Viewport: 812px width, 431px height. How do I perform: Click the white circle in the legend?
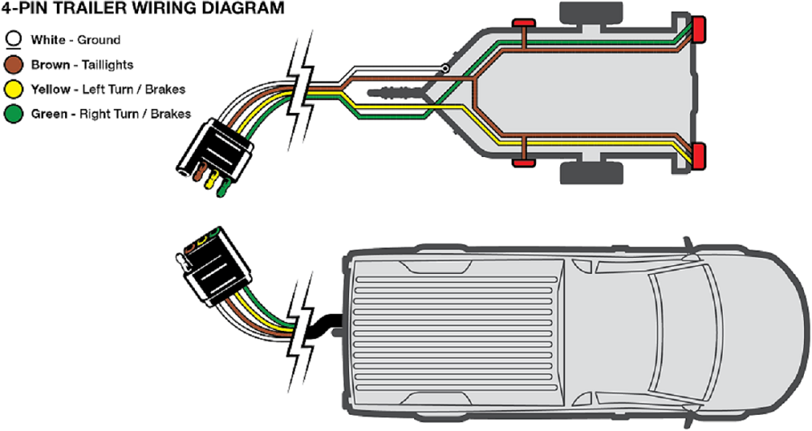pos(14,39)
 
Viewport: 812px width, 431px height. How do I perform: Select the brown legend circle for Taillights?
pos(14,64)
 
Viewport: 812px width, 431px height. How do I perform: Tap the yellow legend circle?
pos(14,89)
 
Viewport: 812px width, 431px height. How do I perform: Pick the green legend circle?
pos(14,113)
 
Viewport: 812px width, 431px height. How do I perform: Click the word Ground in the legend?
pos(98,39)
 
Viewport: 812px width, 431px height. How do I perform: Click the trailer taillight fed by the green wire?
pos(697,31)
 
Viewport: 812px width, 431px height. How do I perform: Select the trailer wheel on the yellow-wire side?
pos(591,172)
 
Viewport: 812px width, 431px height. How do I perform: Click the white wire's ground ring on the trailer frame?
pos(445,69)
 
